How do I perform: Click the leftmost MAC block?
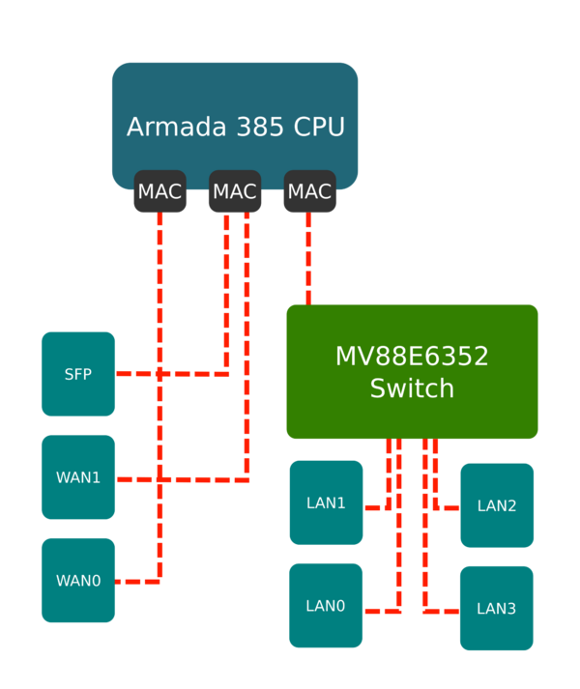coord(159,191)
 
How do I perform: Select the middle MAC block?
coord(234,191)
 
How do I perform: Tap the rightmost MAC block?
coord(309,191)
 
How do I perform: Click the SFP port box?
coord(78,374)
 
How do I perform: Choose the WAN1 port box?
coord(78,477)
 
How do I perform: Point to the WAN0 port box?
coord(78,580)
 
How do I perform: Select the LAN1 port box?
coord(326,502)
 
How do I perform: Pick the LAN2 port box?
coord(497,505)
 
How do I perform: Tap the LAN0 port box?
coord(326,606)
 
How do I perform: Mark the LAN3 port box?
coord(497,608)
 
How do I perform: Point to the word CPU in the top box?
coord(318,127)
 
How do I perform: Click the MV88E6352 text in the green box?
coord(412,356)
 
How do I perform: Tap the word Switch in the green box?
coord(412,388)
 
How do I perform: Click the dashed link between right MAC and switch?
coord(309,259)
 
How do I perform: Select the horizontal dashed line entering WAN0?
coord(138,582)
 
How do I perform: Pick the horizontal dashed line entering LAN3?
coord(441,611)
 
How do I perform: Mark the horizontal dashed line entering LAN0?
coord(382,611)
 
